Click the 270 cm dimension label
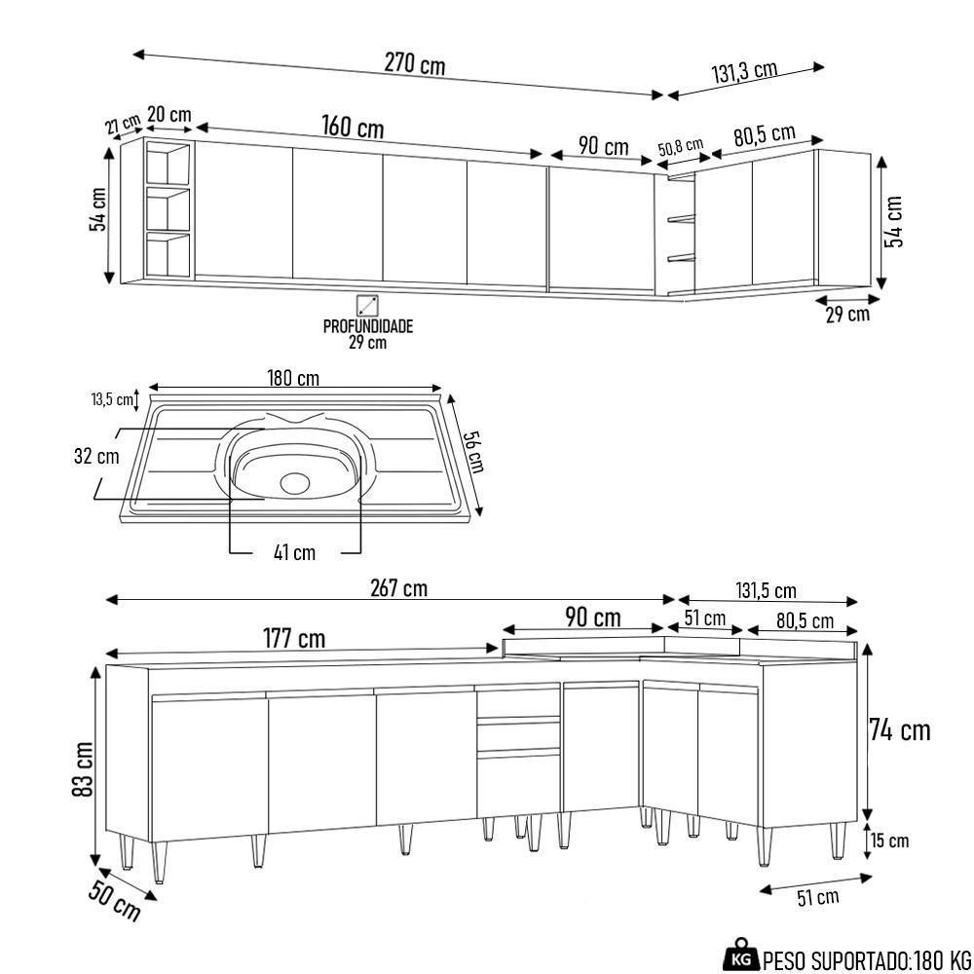pos(414,64)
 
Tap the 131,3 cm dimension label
pos(744,72)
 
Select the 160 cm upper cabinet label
pos(353,128)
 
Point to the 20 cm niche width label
pos(169,115)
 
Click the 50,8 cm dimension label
pos(680,148)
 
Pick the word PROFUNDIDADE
pos(368,326)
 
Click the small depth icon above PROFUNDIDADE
pos(367,304)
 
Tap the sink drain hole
pos(294,481)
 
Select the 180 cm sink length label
pos(293,378)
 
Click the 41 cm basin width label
pos(294,552)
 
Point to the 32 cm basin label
pos(95,456)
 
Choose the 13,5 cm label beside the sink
pos(112,399)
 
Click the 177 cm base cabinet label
pos(294,639)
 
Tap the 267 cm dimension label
pos(398,588)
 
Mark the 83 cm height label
pos(83,769)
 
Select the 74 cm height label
pos(900,730)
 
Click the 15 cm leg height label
pos(889,841)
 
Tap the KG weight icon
pos(741,957)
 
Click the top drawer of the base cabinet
pos(517,703)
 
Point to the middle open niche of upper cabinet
pos(168,208)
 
